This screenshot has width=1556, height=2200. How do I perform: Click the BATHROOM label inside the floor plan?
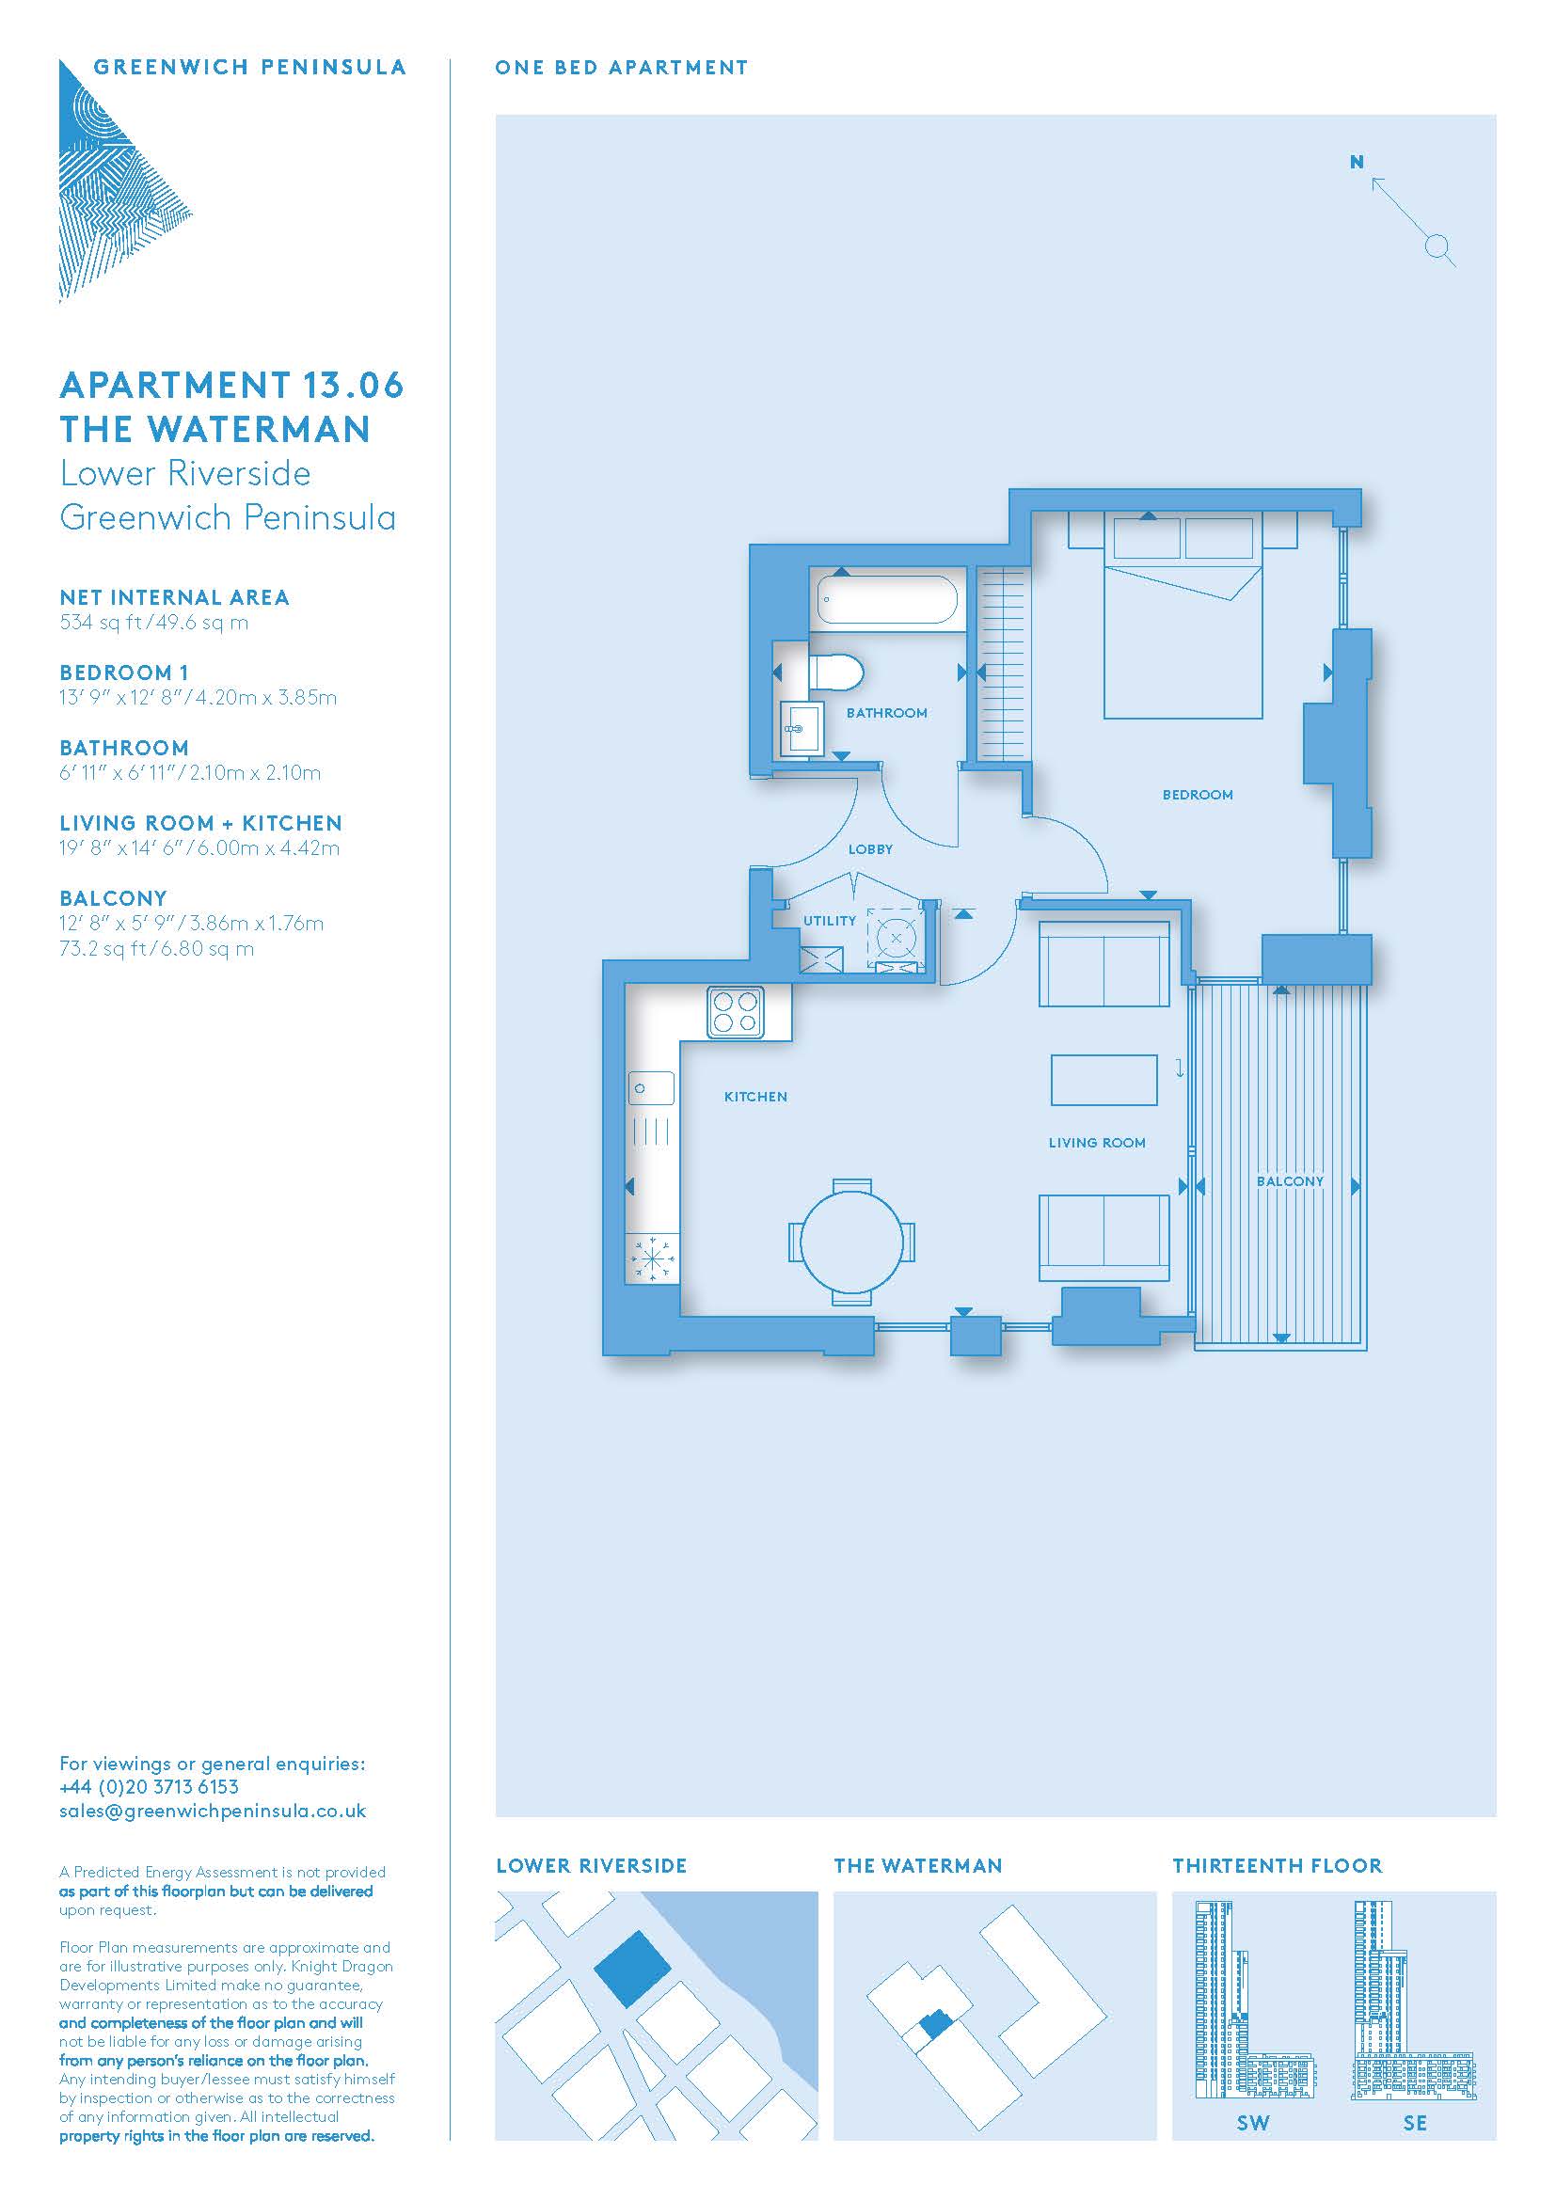(886, 713)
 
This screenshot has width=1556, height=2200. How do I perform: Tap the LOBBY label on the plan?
(870, 849)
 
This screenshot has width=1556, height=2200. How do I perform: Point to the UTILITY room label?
(830, 921)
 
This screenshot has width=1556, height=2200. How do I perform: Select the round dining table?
(851, 1242)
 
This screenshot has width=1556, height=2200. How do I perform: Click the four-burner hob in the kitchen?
(736, 1013)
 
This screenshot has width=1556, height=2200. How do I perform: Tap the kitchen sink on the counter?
(652, 1088)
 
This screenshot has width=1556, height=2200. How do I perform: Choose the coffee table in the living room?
(1103, 1080)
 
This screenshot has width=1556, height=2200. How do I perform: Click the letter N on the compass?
(1357, 162)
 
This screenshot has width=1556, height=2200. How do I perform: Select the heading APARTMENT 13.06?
(231, 386)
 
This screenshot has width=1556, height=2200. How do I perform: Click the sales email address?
(213, 1811)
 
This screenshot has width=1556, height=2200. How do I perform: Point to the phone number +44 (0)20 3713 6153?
(149, 1787)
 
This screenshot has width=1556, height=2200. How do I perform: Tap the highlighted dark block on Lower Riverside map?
(632, 1969)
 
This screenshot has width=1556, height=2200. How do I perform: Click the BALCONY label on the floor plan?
(1290, 1181)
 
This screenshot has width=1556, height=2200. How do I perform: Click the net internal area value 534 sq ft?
(100, 623)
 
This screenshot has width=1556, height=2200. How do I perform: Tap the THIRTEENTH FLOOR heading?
(1278, 1866)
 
